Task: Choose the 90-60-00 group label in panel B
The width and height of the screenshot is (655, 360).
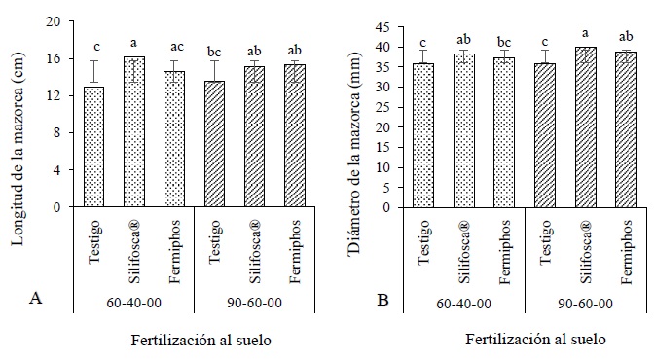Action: (585, 302)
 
